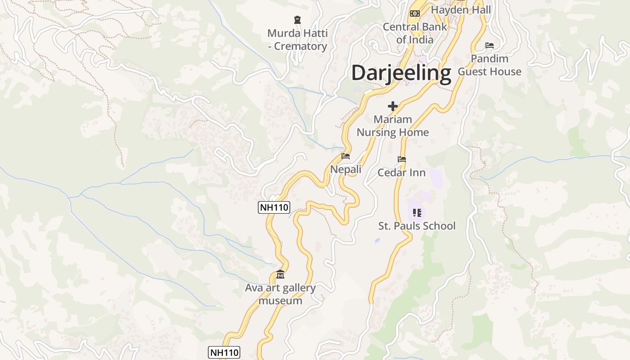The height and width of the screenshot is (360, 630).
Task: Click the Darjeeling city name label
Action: pyautogui.click(x=401, y=73)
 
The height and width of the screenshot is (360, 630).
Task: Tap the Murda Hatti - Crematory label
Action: pyautogui.click(x=297, y=40)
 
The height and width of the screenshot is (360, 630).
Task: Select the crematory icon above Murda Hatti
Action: pyautogui.click(x=297, y=19)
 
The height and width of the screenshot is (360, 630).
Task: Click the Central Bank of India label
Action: pyautogui.click(x=415, y=33)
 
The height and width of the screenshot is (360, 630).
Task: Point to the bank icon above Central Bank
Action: pyautogui.click(x=415, y=13)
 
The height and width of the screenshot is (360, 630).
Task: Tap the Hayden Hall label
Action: pyautogui.click(x=461, y=9)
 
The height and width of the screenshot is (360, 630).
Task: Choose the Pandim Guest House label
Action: pyautogui.click(x=490, y=65)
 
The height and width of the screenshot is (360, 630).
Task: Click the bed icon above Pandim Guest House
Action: pyautogui.click(x=490, y=45)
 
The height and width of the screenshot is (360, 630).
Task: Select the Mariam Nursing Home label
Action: pyautogui.click(x=393, y=126)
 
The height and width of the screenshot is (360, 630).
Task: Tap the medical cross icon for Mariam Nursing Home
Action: pyautogui.click(x=393, y=106)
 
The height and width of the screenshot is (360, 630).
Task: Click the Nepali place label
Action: pyautogui.click(x=346, y=169)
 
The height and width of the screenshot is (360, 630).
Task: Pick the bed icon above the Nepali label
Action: pyautogui.click(x=346, y=156)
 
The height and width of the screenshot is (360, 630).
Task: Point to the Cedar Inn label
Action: pyautogui.click(x=401, y=172)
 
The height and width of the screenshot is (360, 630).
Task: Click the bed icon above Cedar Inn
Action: pyautogui.click(x=401, y=159)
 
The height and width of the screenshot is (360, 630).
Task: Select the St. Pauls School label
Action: pyautogui.click(x=417, y=225)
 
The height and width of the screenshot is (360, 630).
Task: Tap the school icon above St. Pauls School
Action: pyautogui.click(x=417, y=212)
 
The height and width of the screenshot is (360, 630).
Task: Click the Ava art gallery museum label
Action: pyautogui.click(x=280, y=294)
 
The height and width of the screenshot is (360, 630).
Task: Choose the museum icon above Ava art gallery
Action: pyautogui.click(x=280, y=274)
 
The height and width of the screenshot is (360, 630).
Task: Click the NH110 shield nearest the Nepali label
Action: pyautogui.click(x=274, y=207)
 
